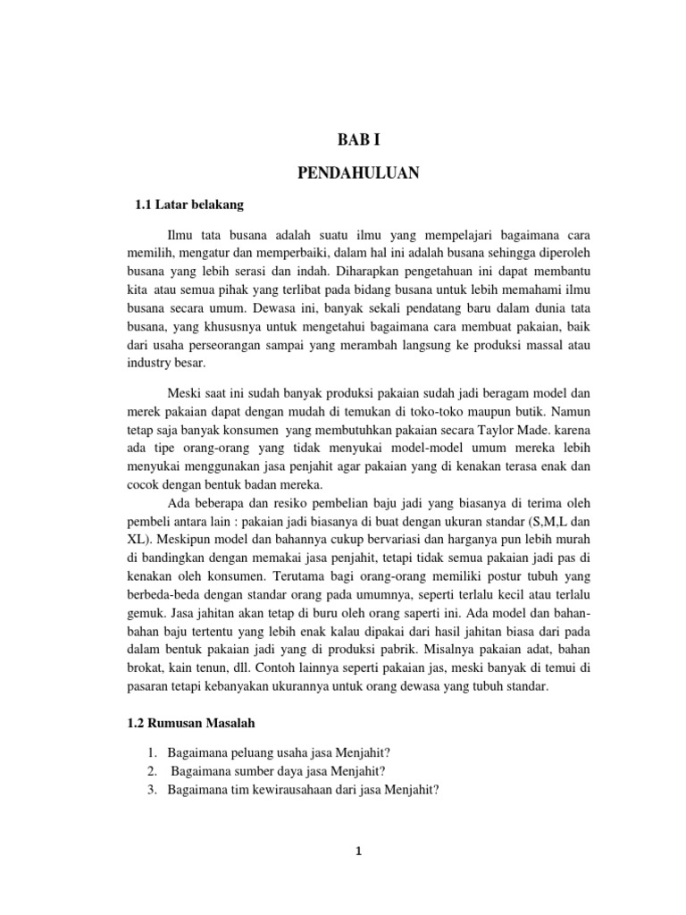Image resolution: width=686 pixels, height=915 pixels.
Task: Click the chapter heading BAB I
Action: [x=357, y=139]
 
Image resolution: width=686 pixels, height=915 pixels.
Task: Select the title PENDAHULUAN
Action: [x=357, y=172]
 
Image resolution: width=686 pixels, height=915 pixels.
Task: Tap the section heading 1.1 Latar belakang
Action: [x=188, y=206]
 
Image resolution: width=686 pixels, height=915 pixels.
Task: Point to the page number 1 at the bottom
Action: [x=358, y=852]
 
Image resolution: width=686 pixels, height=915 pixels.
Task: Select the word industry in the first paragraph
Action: [x=148, y=364]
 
